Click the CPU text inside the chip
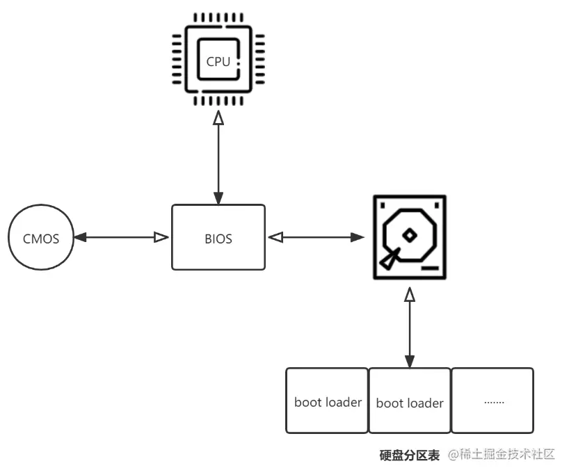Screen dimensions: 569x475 pos(218,62)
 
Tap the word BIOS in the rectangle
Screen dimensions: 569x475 pos(218,239)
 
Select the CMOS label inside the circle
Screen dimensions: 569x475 pos(41,239)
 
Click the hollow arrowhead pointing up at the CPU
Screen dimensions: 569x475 pos(218,118)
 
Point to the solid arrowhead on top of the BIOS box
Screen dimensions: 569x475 pos(218,198)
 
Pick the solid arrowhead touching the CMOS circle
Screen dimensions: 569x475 pos(80,238)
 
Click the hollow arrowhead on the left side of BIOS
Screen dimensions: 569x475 pos(161,238)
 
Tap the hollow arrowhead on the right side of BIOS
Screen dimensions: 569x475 pos(275,238)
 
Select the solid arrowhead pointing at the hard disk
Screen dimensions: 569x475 pos(358,238)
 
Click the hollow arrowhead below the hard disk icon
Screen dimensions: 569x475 pos(410,294)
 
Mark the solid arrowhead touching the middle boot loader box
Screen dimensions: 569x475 pos(410,362)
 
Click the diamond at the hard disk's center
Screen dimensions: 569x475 pos(410,235)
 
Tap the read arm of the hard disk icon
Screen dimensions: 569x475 pos(389,259)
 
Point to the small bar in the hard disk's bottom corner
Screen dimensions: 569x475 pos(430,268)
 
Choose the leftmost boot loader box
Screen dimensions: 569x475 pos(327,401)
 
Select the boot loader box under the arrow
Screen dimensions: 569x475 pos(410,401)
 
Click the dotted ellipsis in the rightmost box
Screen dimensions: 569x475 pos(494,403)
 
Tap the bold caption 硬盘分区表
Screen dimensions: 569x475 pos(409,455)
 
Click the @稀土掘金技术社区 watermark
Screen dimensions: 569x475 pos(502,454)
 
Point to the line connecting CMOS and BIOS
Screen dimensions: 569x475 pos(121,238)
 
